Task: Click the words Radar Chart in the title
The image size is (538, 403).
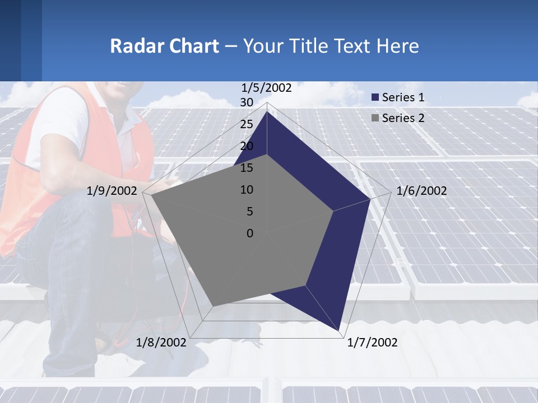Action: pyautogui.click(x=164, y=46)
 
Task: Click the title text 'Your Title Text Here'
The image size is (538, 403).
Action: pyautogui.click(x=331, y=46)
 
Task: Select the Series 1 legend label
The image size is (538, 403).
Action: pyautogui.click(x=403, y=97)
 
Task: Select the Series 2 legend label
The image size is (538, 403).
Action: pyautogui.click(x=403, y=118)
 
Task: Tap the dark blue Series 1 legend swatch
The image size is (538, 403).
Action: pyautogui.click(x=375, y=98)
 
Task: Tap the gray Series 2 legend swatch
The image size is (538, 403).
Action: pyautogui.click(x=375, y=118)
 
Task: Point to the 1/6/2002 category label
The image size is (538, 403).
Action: pyautogui.click(x=421, y=191)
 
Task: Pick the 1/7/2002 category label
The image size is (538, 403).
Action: pyautogui.click(x=372, y=343)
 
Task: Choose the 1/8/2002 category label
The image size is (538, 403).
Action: pyautogui.click(x=161, y=343)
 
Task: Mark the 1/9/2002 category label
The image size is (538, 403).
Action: pyautogui.click(x=112, y=191)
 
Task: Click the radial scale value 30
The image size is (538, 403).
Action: pyautogui.click(x=246, y=102)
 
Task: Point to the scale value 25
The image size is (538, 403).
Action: pyautogui.click(x=246, y=124)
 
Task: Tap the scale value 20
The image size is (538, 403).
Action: pyautogui.click(x=246, y=146)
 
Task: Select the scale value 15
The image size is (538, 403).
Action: pyautogui.click(x=246, y=168)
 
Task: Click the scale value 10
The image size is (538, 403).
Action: pyautogui.click(x=246, y=190)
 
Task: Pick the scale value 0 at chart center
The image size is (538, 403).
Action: pyautogui.click(x=250, y=233)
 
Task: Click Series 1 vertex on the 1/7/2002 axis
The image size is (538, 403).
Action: pyautogui.click(x=341, y=332)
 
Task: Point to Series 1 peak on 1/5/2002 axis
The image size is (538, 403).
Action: pyautogui.click(x=267, y=111)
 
